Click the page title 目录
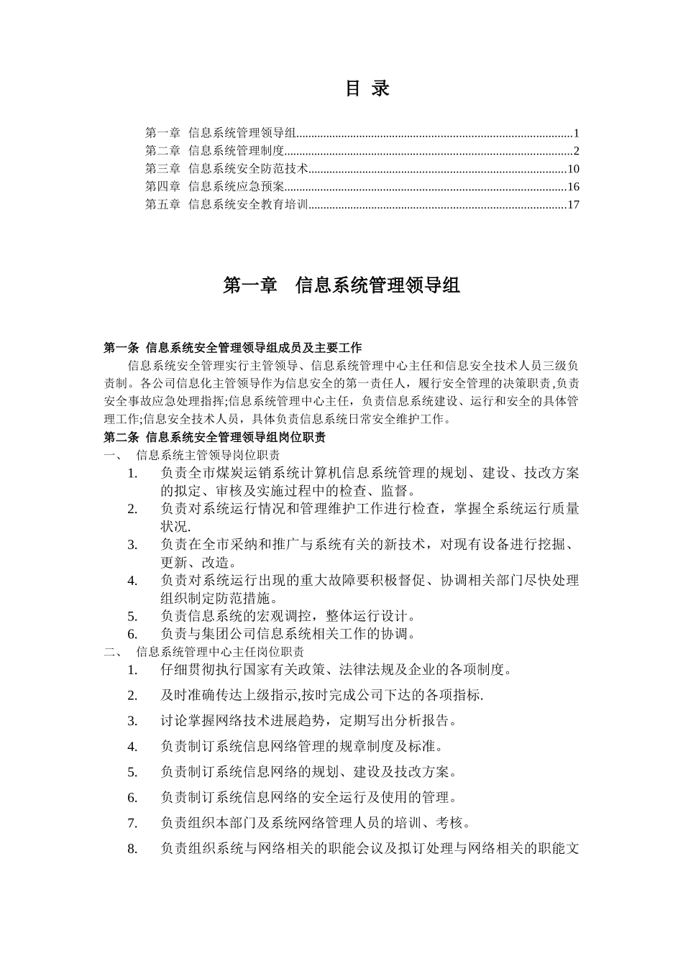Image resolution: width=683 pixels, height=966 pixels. (x=367, y=88)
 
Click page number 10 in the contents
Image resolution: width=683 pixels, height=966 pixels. (x=573, y=169)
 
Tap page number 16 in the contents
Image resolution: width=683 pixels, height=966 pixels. (x=573, y=187)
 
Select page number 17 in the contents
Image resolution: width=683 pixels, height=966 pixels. (x=573, y=205)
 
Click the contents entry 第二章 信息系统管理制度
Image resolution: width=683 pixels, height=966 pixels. (x=215, y=151)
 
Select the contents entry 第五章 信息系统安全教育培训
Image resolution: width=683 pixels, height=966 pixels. (x=226, y=205)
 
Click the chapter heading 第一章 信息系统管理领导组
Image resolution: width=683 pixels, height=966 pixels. (x=341, y=285)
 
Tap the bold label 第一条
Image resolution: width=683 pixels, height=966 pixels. (x=122, y=348)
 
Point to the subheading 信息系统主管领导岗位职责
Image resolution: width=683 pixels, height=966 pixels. (x=208, y=455)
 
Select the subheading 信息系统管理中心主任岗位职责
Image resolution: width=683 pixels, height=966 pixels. (x=219, y=652)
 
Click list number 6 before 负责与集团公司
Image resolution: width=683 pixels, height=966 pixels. (x=132, y=634)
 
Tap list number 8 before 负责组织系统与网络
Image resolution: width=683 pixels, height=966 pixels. (x=132, y=849)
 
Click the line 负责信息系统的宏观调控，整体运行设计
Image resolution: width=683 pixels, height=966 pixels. (x=288, y=616)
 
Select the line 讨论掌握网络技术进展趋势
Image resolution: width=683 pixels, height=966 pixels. (x=309, y=721)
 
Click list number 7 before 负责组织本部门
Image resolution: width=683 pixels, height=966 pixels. (x=132, y=823)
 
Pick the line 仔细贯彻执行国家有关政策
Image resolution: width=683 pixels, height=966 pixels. (x=336, y=670)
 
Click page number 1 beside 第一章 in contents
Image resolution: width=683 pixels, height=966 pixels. (x=577, y=133)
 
